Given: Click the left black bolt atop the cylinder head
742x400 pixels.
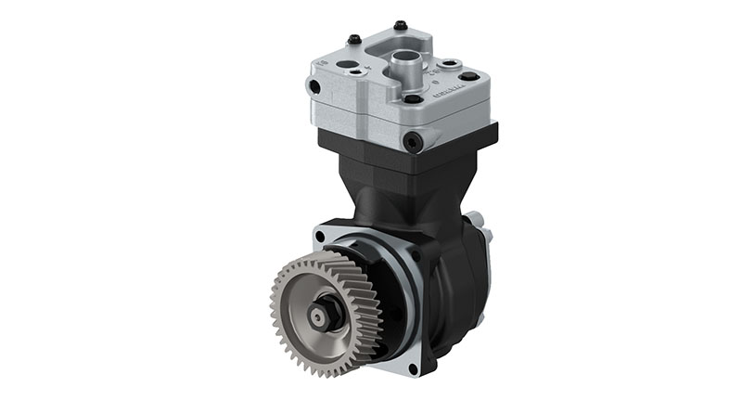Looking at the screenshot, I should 353,38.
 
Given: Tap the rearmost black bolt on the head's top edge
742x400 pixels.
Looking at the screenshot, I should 400,25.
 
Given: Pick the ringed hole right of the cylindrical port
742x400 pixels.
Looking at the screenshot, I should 451,64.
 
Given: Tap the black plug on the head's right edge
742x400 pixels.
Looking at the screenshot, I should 470,76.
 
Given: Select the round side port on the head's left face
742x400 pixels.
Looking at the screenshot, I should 315,87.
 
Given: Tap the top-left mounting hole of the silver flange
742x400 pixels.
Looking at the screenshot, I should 321,237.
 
